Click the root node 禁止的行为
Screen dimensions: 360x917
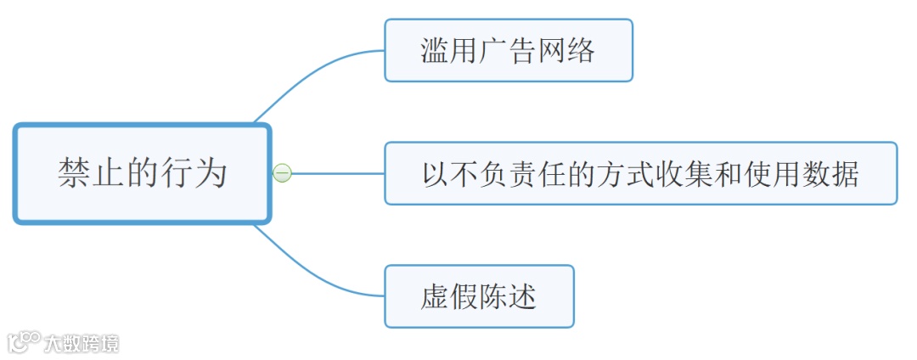[x=142, y=173]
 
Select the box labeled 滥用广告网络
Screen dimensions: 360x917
[x=508, y=50]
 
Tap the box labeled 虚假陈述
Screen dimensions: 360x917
[x=479, y=296]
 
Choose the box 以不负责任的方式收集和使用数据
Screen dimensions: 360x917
[x=640, y=173]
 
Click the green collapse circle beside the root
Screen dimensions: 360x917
[x=282, y=173]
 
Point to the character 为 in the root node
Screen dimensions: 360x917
[x=212, y=173]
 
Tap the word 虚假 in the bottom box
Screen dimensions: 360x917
[x=449, y=296]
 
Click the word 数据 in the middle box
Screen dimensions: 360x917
[x=831, y=173]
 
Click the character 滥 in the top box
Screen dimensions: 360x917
[x=435, y=50]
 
